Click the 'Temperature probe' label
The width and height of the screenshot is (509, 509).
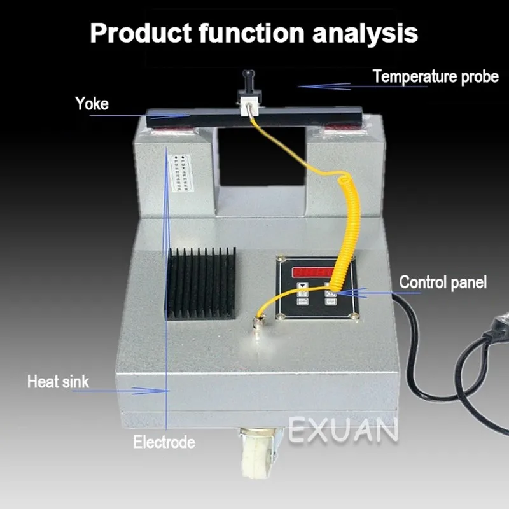coord(435,77)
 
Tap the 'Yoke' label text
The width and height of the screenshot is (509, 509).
coord(92,104)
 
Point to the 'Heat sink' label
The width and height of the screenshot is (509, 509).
coord(58,382)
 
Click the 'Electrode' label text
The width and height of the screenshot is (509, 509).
coord(164,442)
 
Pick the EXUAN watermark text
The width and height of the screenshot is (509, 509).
coord(344,429)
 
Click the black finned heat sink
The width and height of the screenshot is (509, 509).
coord(200,283)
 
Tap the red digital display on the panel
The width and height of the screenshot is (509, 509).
coord(316,272)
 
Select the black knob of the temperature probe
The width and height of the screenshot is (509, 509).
coord(246,81)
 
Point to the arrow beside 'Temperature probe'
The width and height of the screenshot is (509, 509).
coord(324,86)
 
